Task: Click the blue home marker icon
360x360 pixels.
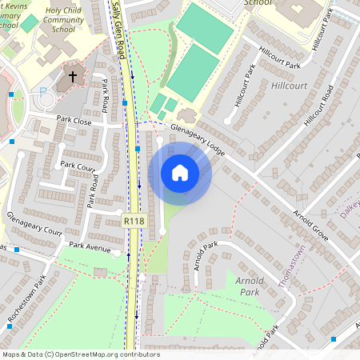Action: pos(180,173)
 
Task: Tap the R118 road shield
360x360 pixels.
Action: pos(134,219)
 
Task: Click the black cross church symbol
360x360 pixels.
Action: pos(73,78)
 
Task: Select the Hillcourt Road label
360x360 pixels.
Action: pos(318,113)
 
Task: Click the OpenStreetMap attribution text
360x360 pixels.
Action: pos(80,354)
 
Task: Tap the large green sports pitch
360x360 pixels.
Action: pos(193,71)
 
